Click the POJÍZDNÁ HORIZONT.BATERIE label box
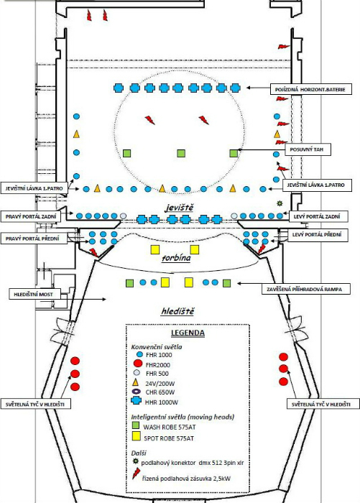310,89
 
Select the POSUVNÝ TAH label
308,149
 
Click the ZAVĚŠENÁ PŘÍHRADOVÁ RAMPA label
304,289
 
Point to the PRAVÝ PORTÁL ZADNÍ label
31,216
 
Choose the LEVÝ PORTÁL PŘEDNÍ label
317,235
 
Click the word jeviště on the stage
180,208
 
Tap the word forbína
176,258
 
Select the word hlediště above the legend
177,311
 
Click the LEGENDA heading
188,333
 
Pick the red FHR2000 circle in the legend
138,364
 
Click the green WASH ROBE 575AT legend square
136,425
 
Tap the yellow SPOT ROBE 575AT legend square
137,436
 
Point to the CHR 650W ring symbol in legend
137,392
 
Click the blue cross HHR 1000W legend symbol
137,401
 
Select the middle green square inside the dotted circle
181,153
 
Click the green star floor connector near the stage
280,203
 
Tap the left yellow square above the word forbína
155,249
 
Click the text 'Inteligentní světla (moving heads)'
183,417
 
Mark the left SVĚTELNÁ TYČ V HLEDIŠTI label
35,404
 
